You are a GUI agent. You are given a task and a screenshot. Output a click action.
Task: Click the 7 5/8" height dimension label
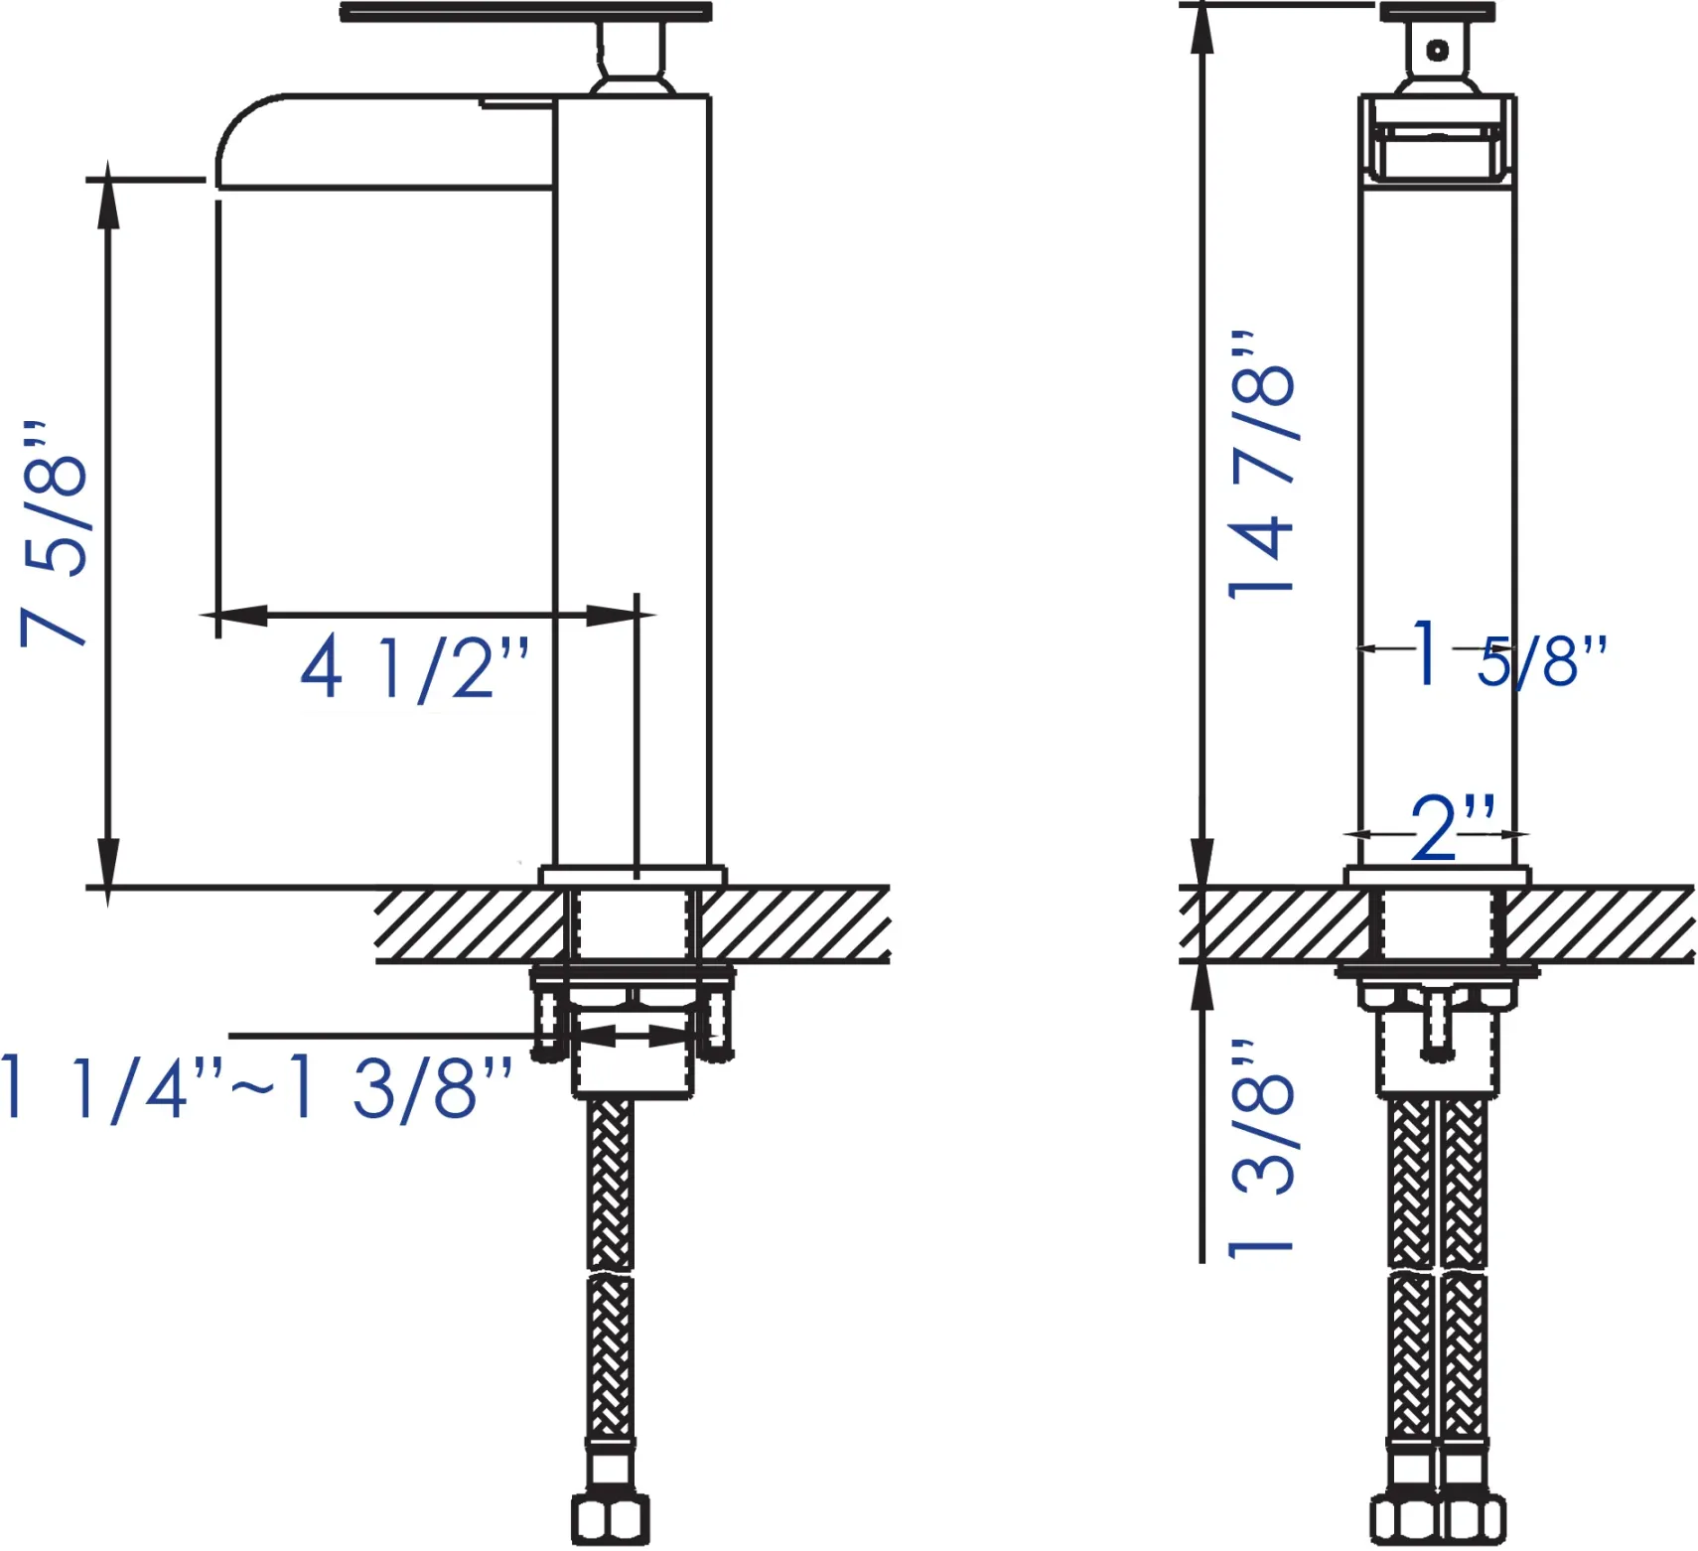[55, 534]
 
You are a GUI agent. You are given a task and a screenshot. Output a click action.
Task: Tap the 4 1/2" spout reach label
[415, 668]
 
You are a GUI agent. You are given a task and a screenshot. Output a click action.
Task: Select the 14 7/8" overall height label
[1261, 464]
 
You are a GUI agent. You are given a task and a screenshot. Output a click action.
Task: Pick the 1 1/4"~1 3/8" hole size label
[256, 1088]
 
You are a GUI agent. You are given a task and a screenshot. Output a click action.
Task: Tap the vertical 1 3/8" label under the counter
[1261, 1149]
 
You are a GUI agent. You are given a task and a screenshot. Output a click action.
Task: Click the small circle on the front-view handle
[1437, 50]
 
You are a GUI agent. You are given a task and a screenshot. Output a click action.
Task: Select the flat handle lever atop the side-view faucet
[525, 12]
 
